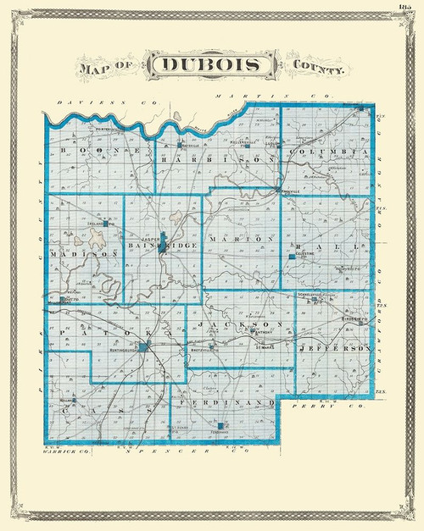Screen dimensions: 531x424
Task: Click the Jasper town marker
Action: (163, 238)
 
